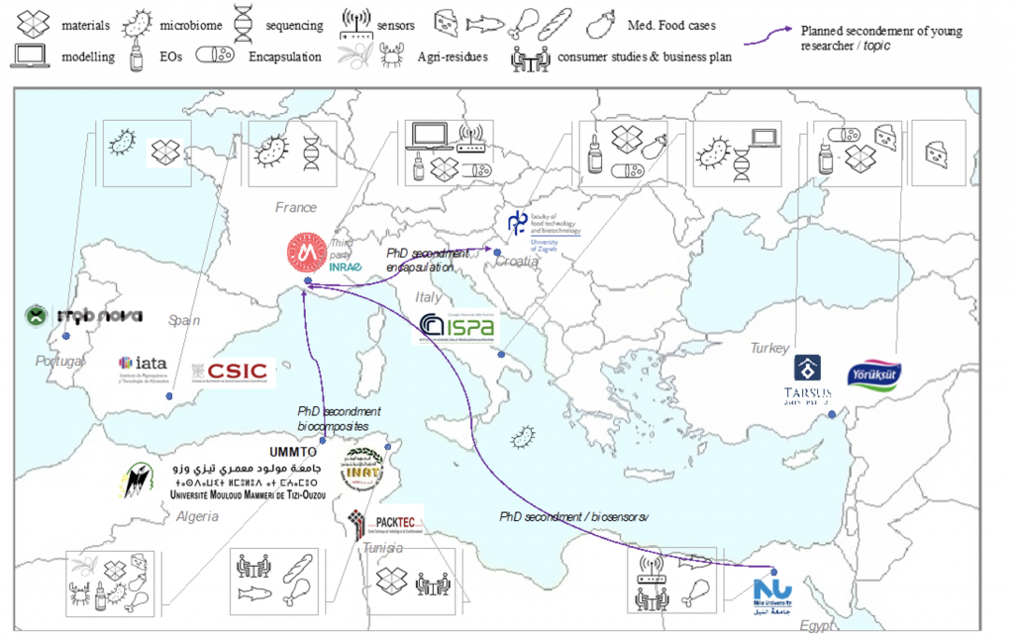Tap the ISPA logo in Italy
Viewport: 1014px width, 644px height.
coord(456,327)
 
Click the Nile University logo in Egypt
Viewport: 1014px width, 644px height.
coord(771,592)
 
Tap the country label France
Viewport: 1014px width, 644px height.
coord(296,208)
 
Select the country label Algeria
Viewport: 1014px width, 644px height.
coord(197,516)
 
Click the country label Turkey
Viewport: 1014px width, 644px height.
coord(769,348)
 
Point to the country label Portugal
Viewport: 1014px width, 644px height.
coord(59,361)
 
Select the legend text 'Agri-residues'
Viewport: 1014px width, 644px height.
coord(454,57)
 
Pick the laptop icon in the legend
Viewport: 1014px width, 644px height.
coord(32,56)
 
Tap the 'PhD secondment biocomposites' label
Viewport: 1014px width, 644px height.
coord(339,418)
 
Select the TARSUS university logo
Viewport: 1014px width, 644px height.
coord(808,380)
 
